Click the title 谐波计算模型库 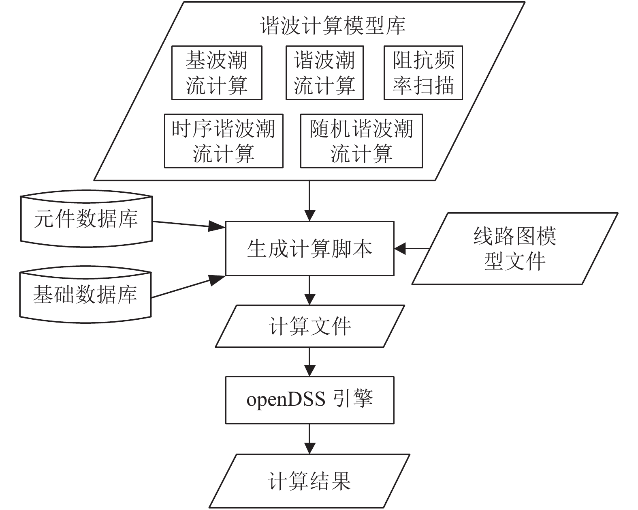pos(333,26)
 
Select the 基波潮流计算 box pos(217,73)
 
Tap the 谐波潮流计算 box pos(324,73)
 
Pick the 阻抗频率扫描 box pos(423,73)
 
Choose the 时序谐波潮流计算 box pos(224,141)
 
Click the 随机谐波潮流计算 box pos(361,141)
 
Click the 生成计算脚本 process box pos(310,249)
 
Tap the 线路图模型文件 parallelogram pos(515,249)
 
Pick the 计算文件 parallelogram pos(310,326)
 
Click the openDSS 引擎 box pos(310,400)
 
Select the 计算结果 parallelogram pos(309,481)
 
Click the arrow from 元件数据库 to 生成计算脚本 pos(189,224)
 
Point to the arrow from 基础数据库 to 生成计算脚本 pos(188,286)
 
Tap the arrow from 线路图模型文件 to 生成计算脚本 pos(412,249)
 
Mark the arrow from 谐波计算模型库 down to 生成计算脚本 pos(309,201)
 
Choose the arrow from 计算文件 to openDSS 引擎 pos(309,362)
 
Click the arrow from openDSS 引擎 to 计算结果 pos(309,439)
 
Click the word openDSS pos(286,400)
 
